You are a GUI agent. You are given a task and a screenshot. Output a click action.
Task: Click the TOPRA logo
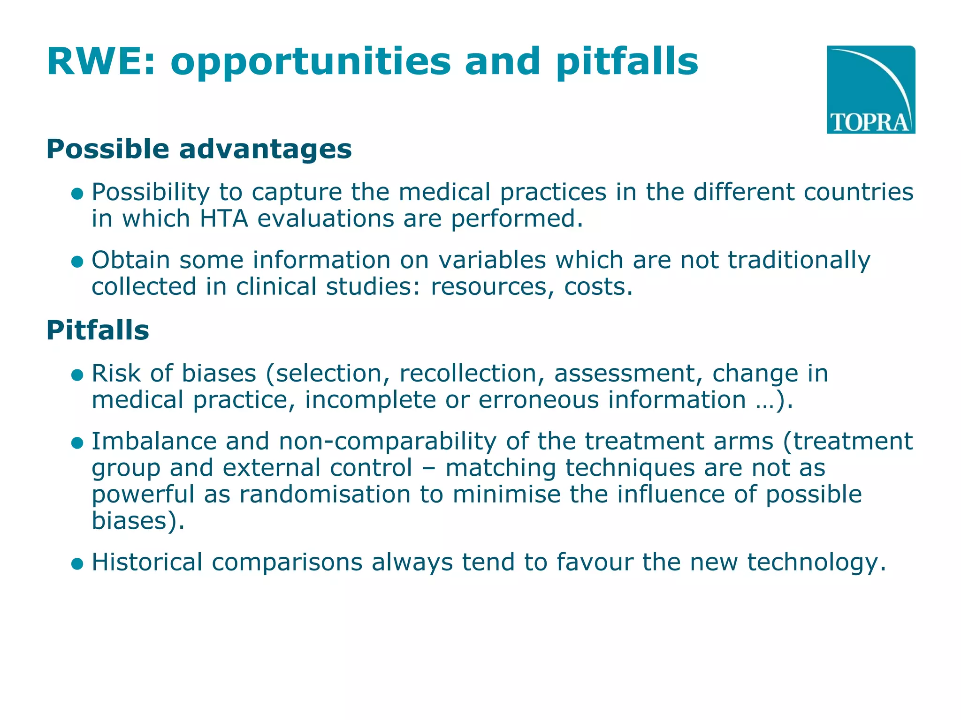(x=870, y=90)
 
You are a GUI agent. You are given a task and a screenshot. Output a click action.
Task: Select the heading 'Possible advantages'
(x=199, y=149)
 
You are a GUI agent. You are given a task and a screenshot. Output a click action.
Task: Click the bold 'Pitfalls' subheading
(x=98, y=330)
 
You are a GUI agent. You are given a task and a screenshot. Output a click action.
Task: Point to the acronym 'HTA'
(x=223, y=219)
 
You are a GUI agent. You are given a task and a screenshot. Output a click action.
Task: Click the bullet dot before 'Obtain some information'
(x=77, y=261)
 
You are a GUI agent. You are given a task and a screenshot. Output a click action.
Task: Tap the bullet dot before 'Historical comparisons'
(x=77, y=563)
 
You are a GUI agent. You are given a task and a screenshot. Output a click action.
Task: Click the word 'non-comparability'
(x=387, y=442)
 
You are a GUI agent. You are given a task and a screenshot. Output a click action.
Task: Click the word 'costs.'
(x=598, y=287)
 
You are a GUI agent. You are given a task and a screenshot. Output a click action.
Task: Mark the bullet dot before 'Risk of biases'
(x=77, y=375)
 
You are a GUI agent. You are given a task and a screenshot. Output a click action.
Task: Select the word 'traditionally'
(x=799, y=260)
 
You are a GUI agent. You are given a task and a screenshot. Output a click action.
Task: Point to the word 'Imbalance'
(x=153, y=442)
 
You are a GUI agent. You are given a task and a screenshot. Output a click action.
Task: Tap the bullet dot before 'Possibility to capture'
(x=77, y=193)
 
